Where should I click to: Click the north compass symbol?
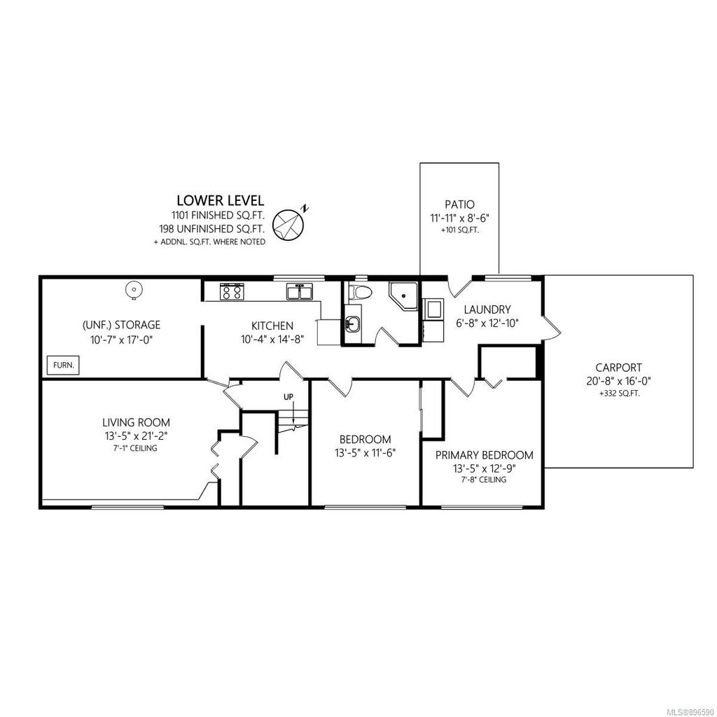290,223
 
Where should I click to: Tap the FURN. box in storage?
64,365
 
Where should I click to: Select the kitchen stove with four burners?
232,291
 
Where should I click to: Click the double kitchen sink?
300,292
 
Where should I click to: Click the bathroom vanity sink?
352,326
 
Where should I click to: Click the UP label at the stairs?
288,396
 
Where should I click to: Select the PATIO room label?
459,204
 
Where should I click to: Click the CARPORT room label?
618,367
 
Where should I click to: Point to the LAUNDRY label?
487,309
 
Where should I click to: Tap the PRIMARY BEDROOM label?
484,455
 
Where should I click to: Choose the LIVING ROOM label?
136,422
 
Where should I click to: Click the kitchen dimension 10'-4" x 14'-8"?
272,340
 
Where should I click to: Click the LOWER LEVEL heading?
221,200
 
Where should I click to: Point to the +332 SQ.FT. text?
619,392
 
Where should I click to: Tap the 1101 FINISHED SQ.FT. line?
218,215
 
